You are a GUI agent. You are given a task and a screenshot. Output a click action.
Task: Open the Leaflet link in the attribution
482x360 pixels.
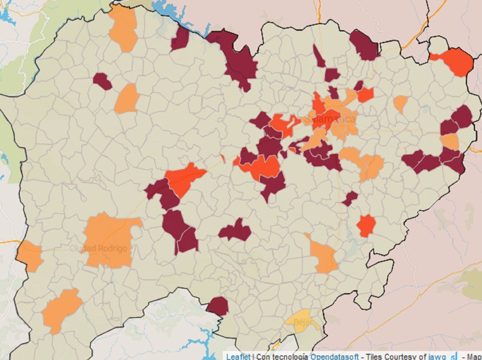click(238, 356)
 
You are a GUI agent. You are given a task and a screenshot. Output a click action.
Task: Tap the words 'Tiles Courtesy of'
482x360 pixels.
click(396, 356)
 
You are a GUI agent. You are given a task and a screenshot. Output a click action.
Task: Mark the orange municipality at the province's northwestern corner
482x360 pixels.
click(123, 27)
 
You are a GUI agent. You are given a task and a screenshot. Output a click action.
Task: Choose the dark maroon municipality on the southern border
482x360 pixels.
click(217, 306)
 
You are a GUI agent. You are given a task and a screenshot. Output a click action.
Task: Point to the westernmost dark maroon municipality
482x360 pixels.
click(102, 81)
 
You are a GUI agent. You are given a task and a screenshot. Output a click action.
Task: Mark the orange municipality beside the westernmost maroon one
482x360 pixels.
click(127, 99)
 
